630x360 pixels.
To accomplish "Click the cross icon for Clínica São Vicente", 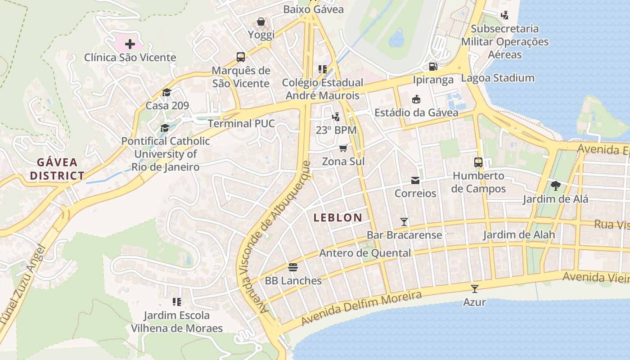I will pyautogui.click(x=130, y=44).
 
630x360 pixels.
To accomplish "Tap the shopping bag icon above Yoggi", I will pyautogui.click(x=261, y=21).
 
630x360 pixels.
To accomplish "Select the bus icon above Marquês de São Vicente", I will pyautogui.click(x=241, y=57).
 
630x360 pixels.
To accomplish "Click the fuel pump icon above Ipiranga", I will pyautogui.click(x=433, y=67).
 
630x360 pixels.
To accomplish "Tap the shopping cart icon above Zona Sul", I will pyautogui.click(x=343, y=148).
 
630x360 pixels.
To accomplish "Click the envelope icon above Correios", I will pyautogui.click(x=415, y=180).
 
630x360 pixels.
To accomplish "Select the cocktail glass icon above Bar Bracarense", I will pyautogui.click(x=404, y=221).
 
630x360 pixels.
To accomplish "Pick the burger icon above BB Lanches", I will pyautogui.click(x=293, y=267).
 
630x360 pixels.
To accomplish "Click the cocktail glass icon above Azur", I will pyautogui.click(x=474, y=288).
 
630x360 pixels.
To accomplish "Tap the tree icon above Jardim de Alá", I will pyautogui.click(x=555, y=185).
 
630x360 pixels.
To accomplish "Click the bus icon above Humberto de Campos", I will pyautogui.click(x=478, y=162).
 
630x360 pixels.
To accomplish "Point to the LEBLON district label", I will pyautogui.click(x=337, y=218).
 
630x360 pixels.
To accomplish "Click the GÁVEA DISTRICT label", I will pyautogui.click(x=57, y=169).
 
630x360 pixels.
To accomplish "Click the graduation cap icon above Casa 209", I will pyautogui.click(x=167, y=92).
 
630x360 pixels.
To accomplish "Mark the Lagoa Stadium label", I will pyautogui.click(x=498, y=78).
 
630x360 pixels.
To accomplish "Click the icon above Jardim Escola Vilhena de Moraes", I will pyautogui.click(x=177, y=301).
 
